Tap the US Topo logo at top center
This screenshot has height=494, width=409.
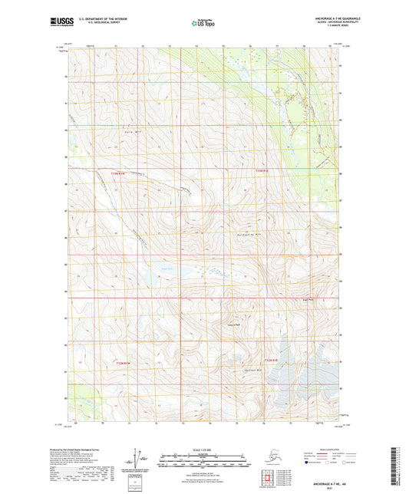pos(204,25)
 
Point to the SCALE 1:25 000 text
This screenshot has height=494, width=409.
pos(204,448)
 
